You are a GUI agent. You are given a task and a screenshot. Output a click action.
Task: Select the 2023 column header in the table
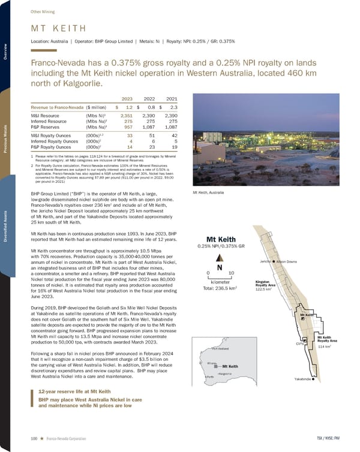[x=126, y=99]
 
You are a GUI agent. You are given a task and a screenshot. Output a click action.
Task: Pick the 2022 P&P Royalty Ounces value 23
[x=151, y=146]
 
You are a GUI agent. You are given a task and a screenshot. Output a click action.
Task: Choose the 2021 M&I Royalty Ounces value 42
[x=174, y=135]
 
